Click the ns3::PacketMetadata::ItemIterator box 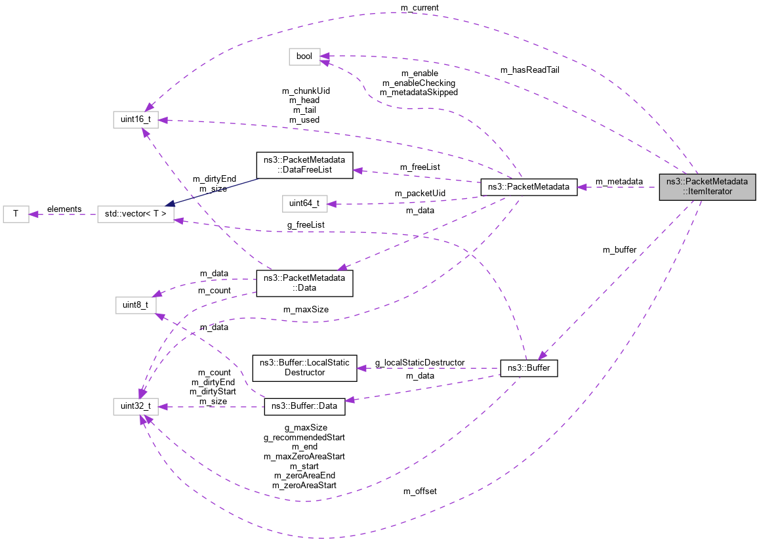(708, 186)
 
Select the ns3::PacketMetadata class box (529, 186)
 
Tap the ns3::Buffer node (529, 368)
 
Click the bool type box (304, 56)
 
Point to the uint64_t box (304, 203)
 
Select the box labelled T (16, 214)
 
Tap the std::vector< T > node (136, 214)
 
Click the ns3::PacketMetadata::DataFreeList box (304, 165)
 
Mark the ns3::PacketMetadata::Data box (304, 283)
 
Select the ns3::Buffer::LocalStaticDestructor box (304, 367)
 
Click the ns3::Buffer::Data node (304, 406)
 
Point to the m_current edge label (420, 7)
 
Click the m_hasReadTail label (529, 70)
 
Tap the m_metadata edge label (619, 181)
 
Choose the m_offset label (420, 491)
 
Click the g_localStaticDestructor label (420, 362)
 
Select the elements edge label (64, 209)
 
